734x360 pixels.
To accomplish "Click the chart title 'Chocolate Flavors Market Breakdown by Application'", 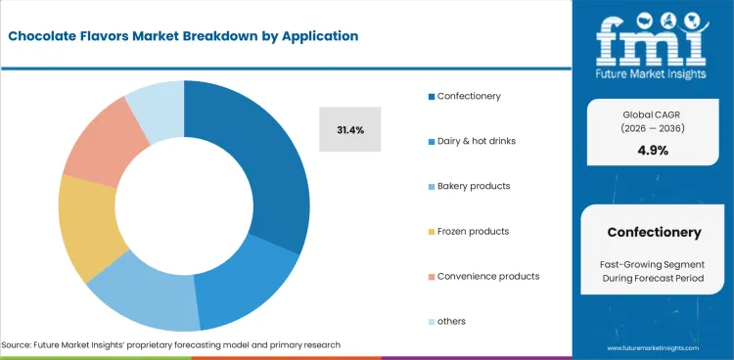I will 183,36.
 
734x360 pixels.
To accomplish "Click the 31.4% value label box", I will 350,129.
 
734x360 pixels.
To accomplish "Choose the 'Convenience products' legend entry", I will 484,276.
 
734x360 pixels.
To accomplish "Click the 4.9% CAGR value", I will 654,150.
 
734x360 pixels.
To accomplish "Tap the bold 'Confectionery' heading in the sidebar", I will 654,233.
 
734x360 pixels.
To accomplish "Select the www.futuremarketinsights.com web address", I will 655,347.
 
